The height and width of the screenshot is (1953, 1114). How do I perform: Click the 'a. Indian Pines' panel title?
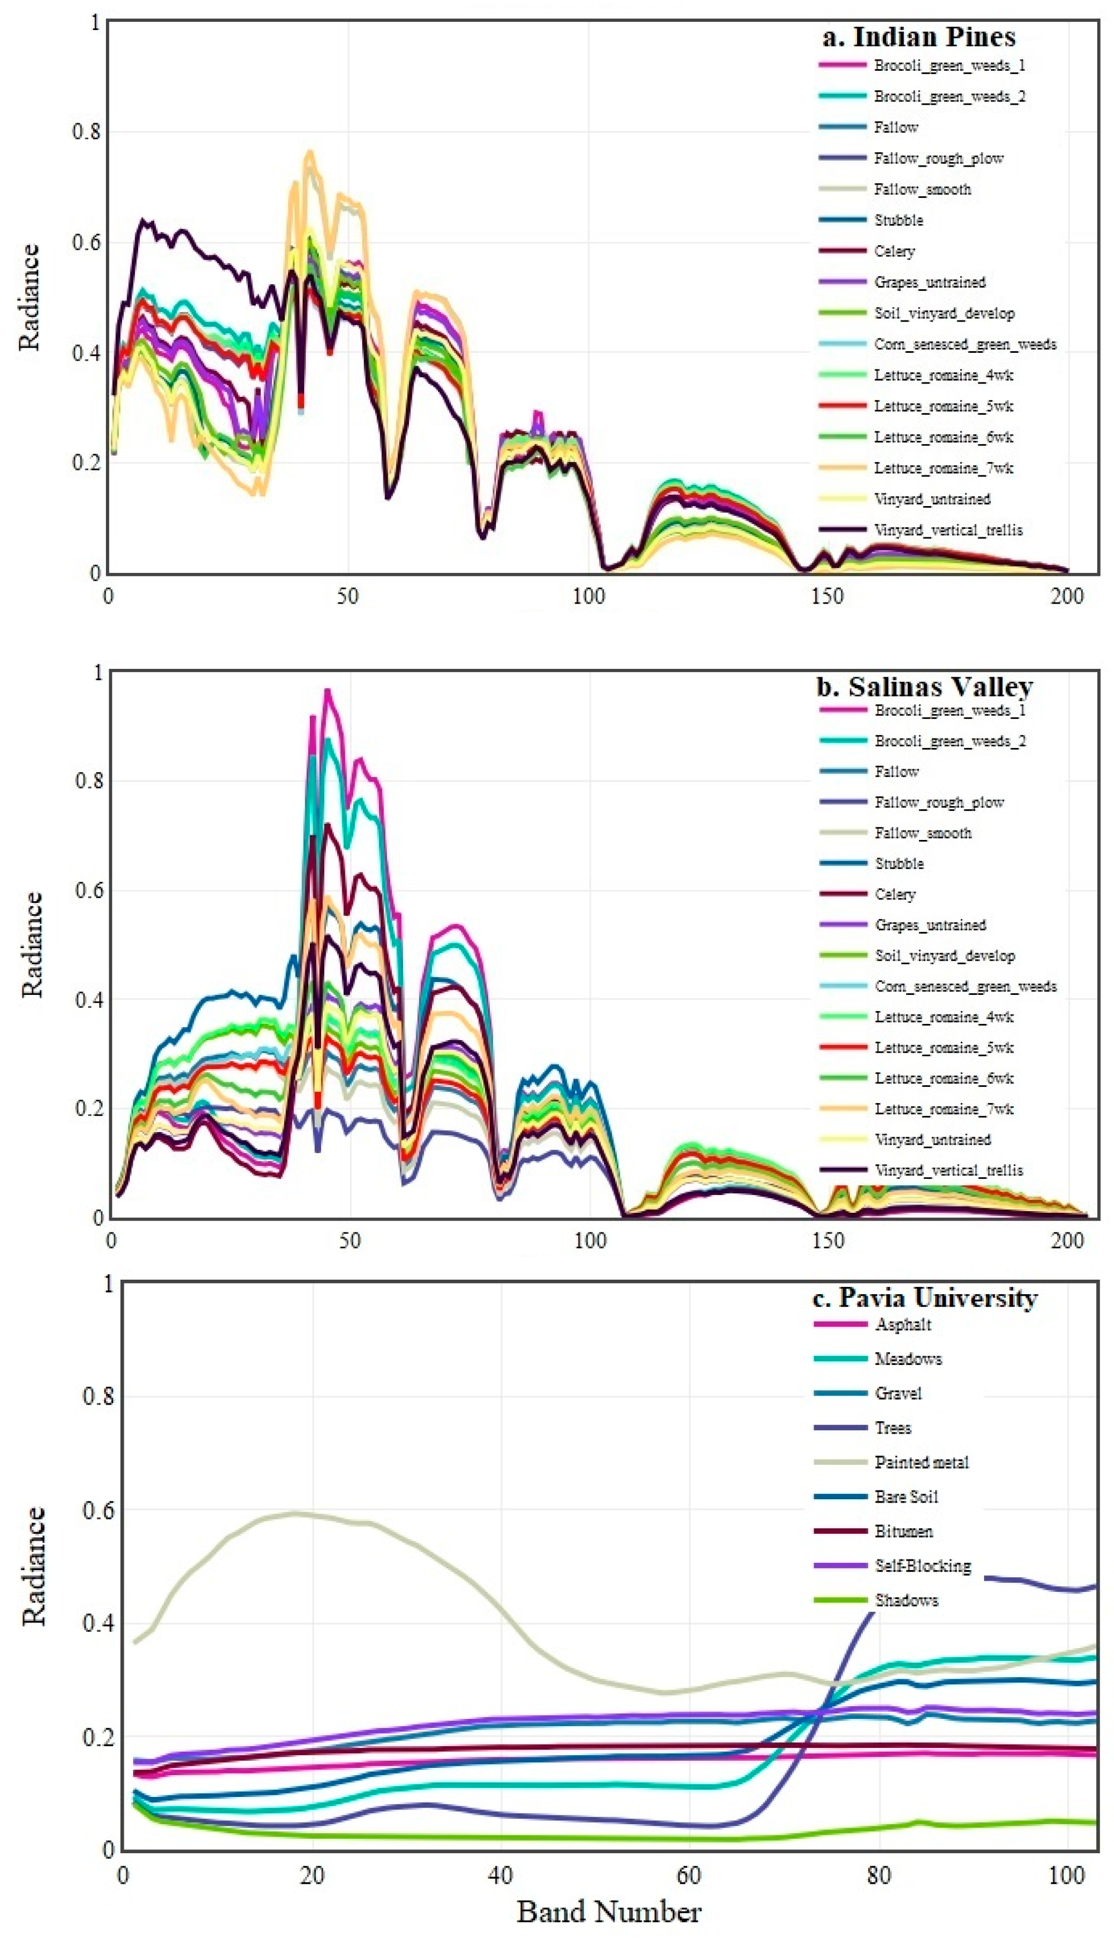click(x=918, y=37)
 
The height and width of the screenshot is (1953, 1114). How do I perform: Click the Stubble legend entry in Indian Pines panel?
click(x=898, y=220)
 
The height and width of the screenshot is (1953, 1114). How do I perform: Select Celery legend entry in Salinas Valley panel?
click(x=894, y=893)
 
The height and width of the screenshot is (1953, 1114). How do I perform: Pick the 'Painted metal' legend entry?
click(x=921, y=1462)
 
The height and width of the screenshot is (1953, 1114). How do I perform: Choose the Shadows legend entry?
click(x=906, y=1600)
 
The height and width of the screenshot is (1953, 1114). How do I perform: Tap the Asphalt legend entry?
click(x=903, y=1324)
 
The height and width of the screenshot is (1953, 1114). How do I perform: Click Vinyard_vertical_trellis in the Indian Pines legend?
click(x=948, y=529)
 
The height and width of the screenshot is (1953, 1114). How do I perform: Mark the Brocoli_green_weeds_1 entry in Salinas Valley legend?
click(x=950, y=710)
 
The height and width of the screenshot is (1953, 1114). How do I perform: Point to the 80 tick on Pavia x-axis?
click(x=878, y=1875)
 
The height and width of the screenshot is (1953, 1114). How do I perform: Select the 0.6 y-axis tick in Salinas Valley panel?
click(x=90, y=891)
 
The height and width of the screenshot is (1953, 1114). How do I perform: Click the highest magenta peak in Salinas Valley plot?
click(x=328, y=691)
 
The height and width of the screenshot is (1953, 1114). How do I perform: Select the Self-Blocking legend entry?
click(x=923, y=1565)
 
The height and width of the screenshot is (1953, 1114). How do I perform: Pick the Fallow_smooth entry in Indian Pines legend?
click(x=922, y=189)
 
